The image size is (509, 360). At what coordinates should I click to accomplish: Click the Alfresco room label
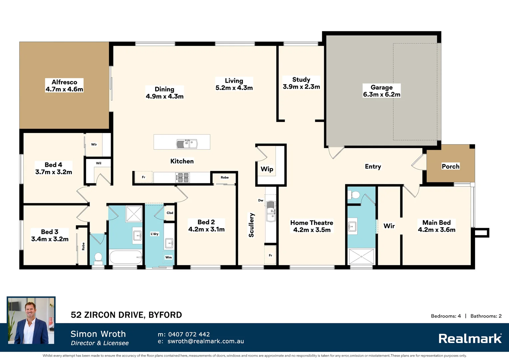point(64,82)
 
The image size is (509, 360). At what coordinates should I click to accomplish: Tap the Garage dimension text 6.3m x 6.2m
point(382,95)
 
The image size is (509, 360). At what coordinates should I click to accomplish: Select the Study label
point(301,80)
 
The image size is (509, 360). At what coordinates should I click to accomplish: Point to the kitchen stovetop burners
point(182,178)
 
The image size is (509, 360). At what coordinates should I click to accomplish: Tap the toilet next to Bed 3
point(98,257)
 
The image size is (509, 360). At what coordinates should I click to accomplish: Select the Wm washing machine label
point(169,257)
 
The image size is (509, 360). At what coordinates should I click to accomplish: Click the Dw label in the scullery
point(260,200)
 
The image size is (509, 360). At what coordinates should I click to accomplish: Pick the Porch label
point(450,166)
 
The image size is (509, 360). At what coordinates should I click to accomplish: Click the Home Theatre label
point(311,223)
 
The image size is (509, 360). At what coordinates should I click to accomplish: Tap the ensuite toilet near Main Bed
point(355,195)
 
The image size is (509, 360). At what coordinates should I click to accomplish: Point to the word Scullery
point(252,225)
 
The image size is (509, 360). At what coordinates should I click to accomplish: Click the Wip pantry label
point(267,169)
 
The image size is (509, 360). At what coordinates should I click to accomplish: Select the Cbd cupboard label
point(170,213)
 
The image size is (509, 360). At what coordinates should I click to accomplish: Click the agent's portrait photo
point(31,321)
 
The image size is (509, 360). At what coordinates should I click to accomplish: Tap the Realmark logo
point(470,339)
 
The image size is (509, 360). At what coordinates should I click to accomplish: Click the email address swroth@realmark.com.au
point(206,341)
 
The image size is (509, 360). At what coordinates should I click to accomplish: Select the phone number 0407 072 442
point(189,334)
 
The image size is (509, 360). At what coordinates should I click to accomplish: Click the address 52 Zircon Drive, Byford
point(126,315)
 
